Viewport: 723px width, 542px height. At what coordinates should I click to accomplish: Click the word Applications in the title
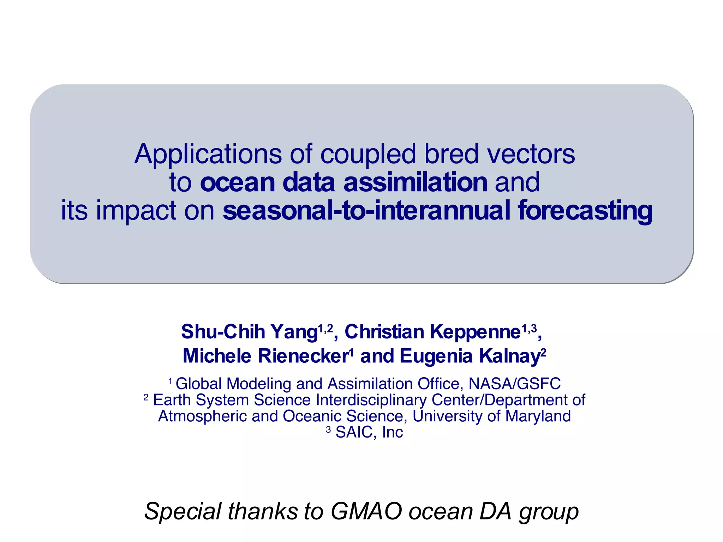[208, 155]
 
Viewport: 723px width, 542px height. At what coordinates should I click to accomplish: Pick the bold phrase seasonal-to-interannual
[366, 210]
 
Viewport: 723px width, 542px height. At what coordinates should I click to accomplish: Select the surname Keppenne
[475, 332]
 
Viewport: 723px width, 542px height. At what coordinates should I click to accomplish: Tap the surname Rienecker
[303, 356]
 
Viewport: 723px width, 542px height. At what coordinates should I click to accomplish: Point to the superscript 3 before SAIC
[328, 429]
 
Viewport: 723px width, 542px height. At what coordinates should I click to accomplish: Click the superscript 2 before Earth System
[146, 397]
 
